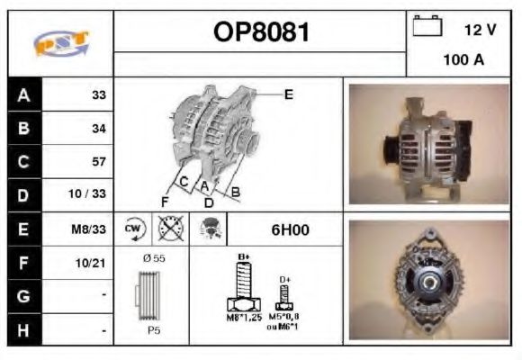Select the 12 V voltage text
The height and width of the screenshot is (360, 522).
tap(479, 30)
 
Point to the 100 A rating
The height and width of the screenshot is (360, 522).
tap(464, 60)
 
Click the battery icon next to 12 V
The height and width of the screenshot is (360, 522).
tap(426, 28)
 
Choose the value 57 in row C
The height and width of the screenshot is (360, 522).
tap(99, 162)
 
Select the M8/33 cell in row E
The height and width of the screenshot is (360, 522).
tap(90, 229)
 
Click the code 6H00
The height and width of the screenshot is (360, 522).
tap(290, 229)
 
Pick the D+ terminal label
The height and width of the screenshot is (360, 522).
tap(284, 280)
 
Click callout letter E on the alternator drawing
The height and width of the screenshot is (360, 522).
tap(288, 93)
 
